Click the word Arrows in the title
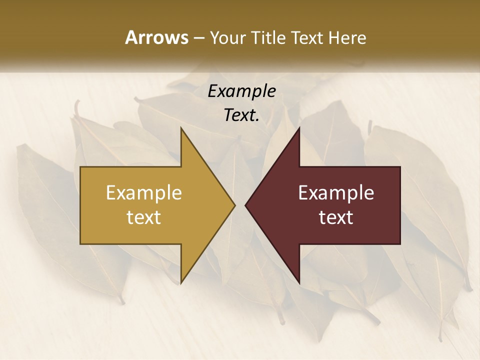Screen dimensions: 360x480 156,37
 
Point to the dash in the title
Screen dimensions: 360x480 198,38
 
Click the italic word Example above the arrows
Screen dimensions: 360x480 241,91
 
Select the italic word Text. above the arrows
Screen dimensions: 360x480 241,115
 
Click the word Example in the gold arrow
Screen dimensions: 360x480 144,192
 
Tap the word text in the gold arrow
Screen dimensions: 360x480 144,217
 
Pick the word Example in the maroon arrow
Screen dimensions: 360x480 336,192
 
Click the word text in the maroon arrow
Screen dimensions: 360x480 336,217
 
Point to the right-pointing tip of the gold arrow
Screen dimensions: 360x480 235,205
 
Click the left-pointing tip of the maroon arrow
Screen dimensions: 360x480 245,205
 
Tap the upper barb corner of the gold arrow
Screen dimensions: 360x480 181,128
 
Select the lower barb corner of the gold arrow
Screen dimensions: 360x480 181,283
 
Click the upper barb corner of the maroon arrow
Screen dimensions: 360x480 299,128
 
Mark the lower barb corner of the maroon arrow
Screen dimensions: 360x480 299,283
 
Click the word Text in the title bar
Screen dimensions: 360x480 307,37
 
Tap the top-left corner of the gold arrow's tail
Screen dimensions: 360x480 80,167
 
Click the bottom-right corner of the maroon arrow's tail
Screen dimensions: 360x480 400,244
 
